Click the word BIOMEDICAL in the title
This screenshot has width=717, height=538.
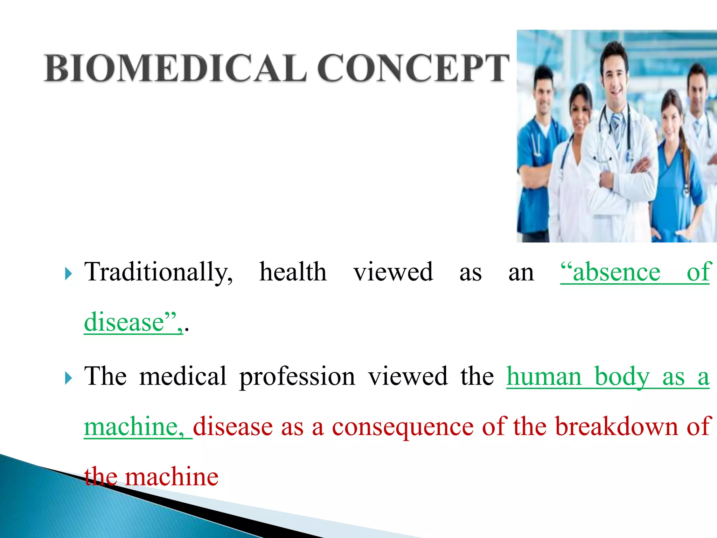click(175, 68)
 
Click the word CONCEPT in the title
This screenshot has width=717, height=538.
click(413, 68)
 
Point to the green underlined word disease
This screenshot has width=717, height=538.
click(124, 322)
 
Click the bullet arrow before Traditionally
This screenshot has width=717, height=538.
click(68, 274)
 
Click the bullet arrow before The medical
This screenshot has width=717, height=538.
click(68, 378)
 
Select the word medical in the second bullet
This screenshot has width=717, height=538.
click(183, 376)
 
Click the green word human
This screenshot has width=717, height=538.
click(544, 377)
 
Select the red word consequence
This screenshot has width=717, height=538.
click(403, 427)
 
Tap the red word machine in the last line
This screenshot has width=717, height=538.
click(172, 477)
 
